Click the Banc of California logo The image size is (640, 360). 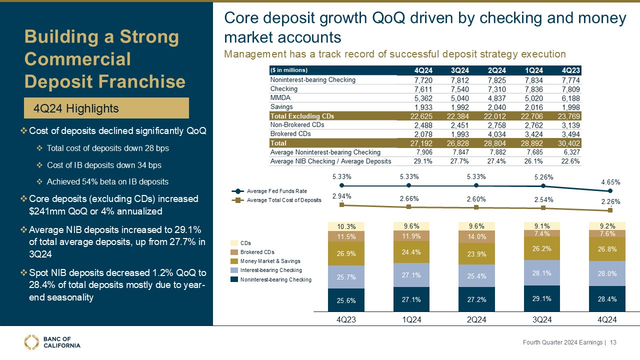click(52, 342)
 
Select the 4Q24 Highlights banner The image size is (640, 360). click(106, 108)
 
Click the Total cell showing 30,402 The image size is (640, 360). click(570, 143)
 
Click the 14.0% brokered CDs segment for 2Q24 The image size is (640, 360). click(476, 237)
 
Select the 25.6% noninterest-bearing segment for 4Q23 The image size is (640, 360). click(342, 300)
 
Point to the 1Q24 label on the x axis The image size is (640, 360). click(409, 319)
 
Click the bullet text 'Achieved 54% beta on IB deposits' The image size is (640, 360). click(107, 181)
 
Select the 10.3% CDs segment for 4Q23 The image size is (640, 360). click(342, 226)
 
